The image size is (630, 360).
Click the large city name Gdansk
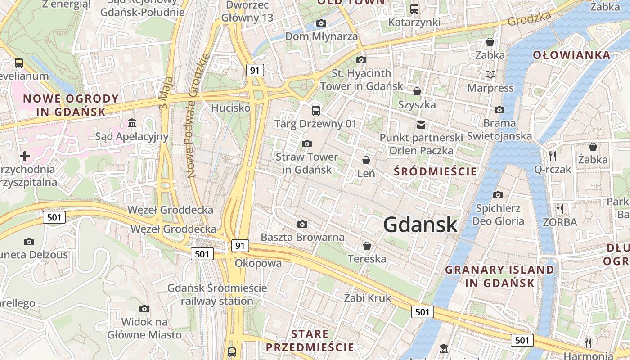pyautogui.click(x=420, y=225)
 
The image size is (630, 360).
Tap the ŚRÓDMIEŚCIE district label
pyautogui.click(x=435, y=171)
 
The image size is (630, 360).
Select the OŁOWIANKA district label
pyautogui.click(x=572, y=55)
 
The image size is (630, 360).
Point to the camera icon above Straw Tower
pyautogui.click(x=307, y=144)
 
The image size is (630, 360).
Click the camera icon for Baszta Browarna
pyautogui.click(x=302, y=224)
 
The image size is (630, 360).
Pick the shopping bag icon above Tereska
pyautogui.click(x=367, y=246)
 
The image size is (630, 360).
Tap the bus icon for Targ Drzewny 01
pyautogui.click(x=316, y=110)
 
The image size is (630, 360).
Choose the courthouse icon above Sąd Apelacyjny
pyautogui.click(x=132, y=123)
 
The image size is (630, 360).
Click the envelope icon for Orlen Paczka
pyautogui.click(x=421, y=125)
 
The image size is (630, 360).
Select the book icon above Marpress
pyautogui.click(x=490, y=74)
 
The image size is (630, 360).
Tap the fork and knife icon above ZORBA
pyautogui.click(x=560, y=209)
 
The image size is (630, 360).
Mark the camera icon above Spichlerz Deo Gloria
pyautogui.click(x=498, y=195)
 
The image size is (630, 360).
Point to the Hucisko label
pyautogui.click(x=230, y=108)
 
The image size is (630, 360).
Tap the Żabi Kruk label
pyautogui.click(x=368, y=298)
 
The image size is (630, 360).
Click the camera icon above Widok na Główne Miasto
pyautogui.click(x=144, y=309)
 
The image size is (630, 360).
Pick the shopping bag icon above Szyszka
pyautogui.click(x=417, y=91)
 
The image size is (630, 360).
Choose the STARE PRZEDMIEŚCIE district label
pyautogui.click(x=310, y=341)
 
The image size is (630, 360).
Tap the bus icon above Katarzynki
pyautogui.click(x=414, y=9)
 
